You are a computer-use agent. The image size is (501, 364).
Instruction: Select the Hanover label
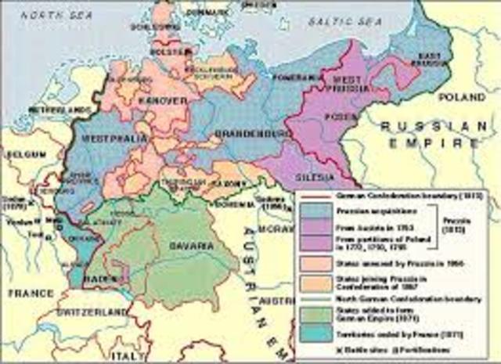coord(165,101)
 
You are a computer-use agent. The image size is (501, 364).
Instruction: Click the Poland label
coord(461,97)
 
